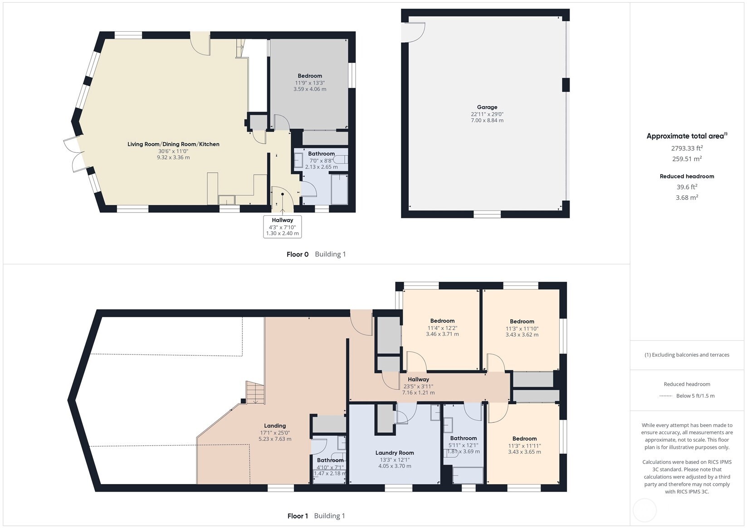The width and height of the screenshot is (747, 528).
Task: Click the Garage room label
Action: pos(487,107)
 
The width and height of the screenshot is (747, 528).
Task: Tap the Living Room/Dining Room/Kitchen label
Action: pos(173,144)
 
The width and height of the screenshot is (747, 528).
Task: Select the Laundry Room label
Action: pos(394,453)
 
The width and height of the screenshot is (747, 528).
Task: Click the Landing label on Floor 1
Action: pos(275,426)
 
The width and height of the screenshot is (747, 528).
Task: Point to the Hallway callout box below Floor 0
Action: pos(282,227)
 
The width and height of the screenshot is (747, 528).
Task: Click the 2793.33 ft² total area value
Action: pos(687,148)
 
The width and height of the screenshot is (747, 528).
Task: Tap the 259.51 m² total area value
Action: pos(687,159)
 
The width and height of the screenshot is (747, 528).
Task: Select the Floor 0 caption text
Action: pos(297,254)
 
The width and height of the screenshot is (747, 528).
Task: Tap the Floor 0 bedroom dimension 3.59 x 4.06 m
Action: pos(309,89)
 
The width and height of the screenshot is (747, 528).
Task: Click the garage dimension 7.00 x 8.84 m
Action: pos(487,121)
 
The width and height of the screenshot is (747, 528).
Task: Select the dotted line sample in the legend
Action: pos(665,396)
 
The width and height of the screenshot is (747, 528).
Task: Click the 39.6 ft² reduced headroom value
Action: pos(687,187)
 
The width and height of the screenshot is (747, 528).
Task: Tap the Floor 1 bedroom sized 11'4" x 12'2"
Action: pos(442,328)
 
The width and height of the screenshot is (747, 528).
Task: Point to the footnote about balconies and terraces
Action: pos(687,355)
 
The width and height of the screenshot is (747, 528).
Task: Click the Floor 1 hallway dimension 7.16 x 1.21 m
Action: pos(418,392)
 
